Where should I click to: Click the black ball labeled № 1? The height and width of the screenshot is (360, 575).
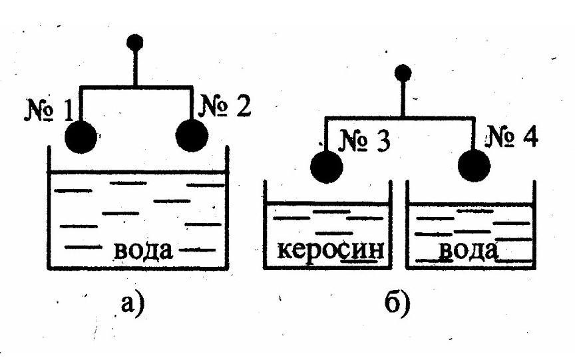tap(82, 137)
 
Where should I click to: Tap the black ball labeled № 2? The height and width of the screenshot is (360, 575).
tap(192, 135)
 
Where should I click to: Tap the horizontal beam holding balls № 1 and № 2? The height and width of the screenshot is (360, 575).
tap(136, 87)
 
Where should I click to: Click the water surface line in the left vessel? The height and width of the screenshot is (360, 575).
tap(136, 173)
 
